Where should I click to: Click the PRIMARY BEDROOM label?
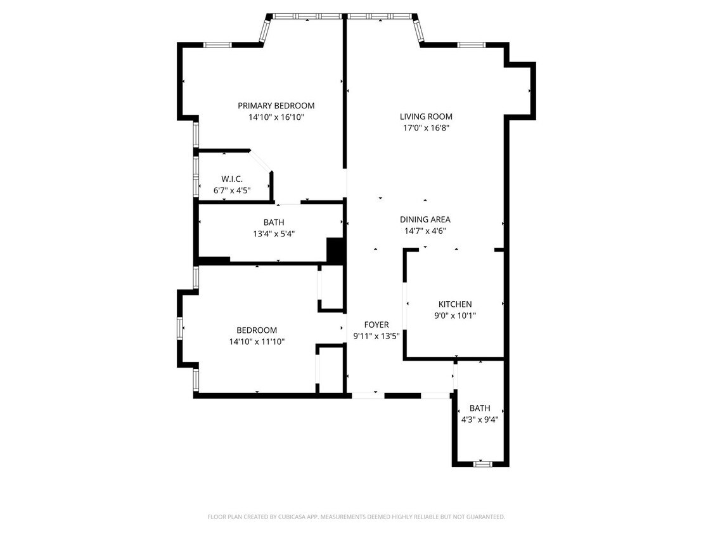(x=276, y=106)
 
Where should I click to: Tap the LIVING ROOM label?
(x=426, y=117)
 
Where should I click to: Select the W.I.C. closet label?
(x=231, y=179)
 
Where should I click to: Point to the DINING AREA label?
(x=425, y=219)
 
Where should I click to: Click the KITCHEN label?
(x=454, y=304)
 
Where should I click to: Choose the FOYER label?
(x=376, y=325)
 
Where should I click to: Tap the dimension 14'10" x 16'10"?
(x=276, y=117)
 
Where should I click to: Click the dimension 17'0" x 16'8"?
(x=426, y=128)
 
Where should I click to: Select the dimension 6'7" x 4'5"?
(x=231, y=190)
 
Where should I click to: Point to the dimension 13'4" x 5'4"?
(x=274, y=233)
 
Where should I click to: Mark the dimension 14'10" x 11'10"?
(x=257, y=342)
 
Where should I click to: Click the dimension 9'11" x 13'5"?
(x=376, y=336)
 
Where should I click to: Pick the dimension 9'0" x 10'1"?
(x=454, y=316)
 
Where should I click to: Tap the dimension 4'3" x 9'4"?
(x=480, y=419)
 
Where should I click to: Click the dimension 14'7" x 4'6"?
(x=425, y=231)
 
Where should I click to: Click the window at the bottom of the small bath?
(x=482, y=464)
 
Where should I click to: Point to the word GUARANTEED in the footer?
(x=485, y=517)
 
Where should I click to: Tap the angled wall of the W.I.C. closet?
(x=260, y=160)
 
